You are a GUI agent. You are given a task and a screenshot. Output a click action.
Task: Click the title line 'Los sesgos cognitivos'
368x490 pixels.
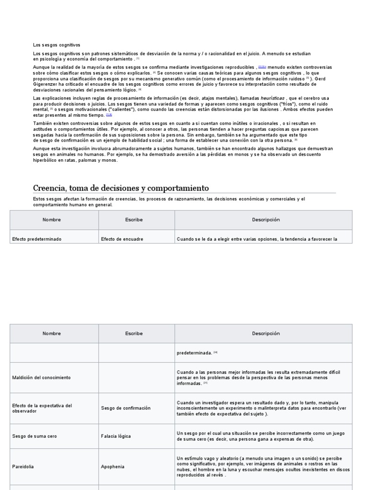click(x=57, y=45)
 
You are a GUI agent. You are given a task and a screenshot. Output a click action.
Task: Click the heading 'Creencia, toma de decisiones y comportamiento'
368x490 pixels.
click(x=121, y=188)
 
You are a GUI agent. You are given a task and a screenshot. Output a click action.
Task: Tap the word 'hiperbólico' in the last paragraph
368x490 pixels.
click(x=46, y=160)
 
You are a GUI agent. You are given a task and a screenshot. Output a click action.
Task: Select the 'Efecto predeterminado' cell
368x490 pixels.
click(x=37, y=239)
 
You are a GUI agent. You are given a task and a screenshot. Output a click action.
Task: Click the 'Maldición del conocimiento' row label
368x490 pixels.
click(x=41, y=378)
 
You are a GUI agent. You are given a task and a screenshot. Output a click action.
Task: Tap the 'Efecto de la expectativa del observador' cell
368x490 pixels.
click(x=42, y=408)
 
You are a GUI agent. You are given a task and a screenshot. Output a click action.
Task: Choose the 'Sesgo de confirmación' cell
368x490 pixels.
click(x=126, y=408)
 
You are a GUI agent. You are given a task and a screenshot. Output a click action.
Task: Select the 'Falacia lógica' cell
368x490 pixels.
click(x=116, y=436)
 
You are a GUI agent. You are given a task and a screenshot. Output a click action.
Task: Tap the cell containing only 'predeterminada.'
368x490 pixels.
click(x=195, y=353)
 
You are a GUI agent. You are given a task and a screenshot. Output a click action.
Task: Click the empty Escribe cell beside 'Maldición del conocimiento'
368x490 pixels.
click(x=137, y=378)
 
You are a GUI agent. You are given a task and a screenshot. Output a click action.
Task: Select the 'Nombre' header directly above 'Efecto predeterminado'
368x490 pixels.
click(x=52, y=220)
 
